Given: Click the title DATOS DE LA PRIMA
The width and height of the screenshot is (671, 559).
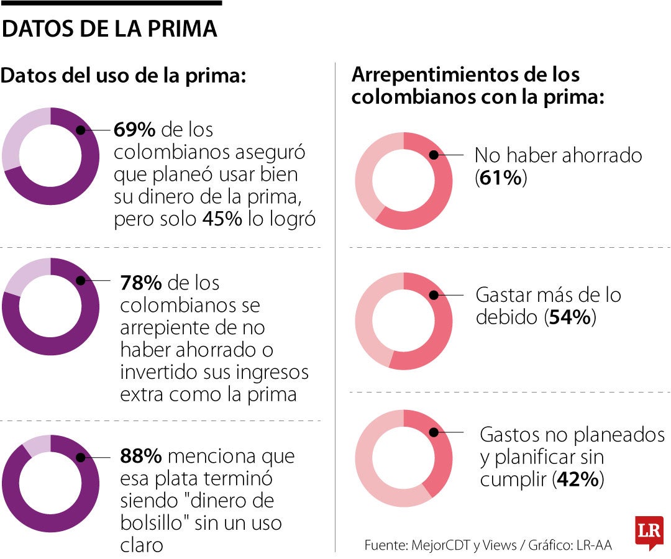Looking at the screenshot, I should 110,29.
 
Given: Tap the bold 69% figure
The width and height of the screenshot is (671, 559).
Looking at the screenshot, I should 135,130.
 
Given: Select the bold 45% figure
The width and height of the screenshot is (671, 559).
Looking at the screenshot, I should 222,220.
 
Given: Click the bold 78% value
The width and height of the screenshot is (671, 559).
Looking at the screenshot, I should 141,283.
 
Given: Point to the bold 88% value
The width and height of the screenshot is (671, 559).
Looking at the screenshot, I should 141,457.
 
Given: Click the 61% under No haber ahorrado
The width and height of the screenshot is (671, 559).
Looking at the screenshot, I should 501,178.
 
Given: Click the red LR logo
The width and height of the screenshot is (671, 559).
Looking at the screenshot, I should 649,532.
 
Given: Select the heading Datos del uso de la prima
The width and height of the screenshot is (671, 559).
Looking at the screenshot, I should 124,76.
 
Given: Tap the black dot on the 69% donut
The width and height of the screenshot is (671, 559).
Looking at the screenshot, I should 80,130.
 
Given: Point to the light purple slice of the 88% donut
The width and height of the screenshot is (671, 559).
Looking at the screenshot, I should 36,444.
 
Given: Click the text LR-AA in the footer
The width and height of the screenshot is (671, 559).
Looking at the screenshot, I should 595,545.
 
